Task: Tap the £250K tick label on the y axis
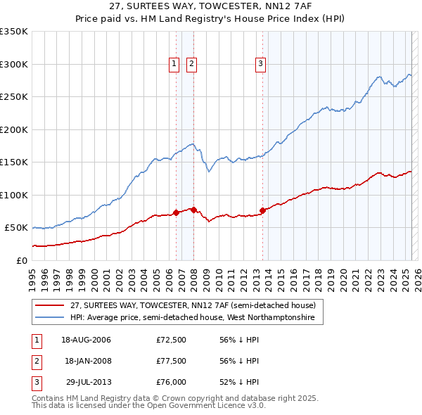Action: point(14,97)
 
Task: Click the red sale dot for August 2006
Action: point(177,212)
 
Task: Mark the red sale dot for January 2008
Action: point(193,209)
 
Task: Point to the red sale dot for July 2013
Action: point(262,210)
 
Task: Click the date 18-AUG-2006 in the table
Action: point(86,340)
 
